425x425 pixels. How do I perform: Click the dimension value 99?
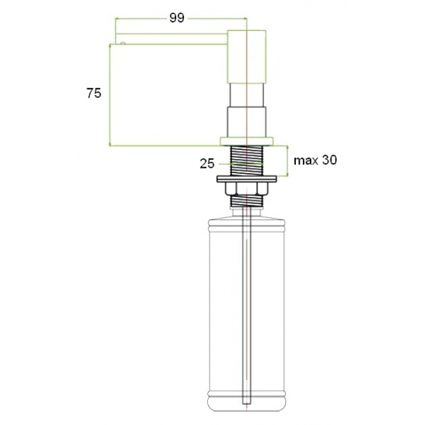click(177, 18)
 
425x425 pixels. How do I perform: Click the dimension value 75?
click(93, 93)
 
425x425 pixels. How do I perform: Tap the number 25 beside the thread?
click(207, 164)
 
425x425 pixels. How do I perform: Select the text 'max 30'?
click(315, 160)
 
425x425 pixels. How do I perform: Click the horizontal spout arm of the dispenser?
click(172, 39)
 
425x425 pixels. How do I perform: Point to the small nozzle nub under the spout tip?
click(123, 43)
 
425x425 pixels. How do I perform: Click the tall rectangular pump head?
click(246, 56)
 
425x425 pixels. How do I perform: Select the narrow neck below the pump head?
click(246, 95)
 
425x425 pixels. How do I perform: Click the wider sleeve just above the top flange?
click(246, 121)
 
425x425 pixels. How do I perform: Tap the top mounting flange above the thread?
click(246, 141)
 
